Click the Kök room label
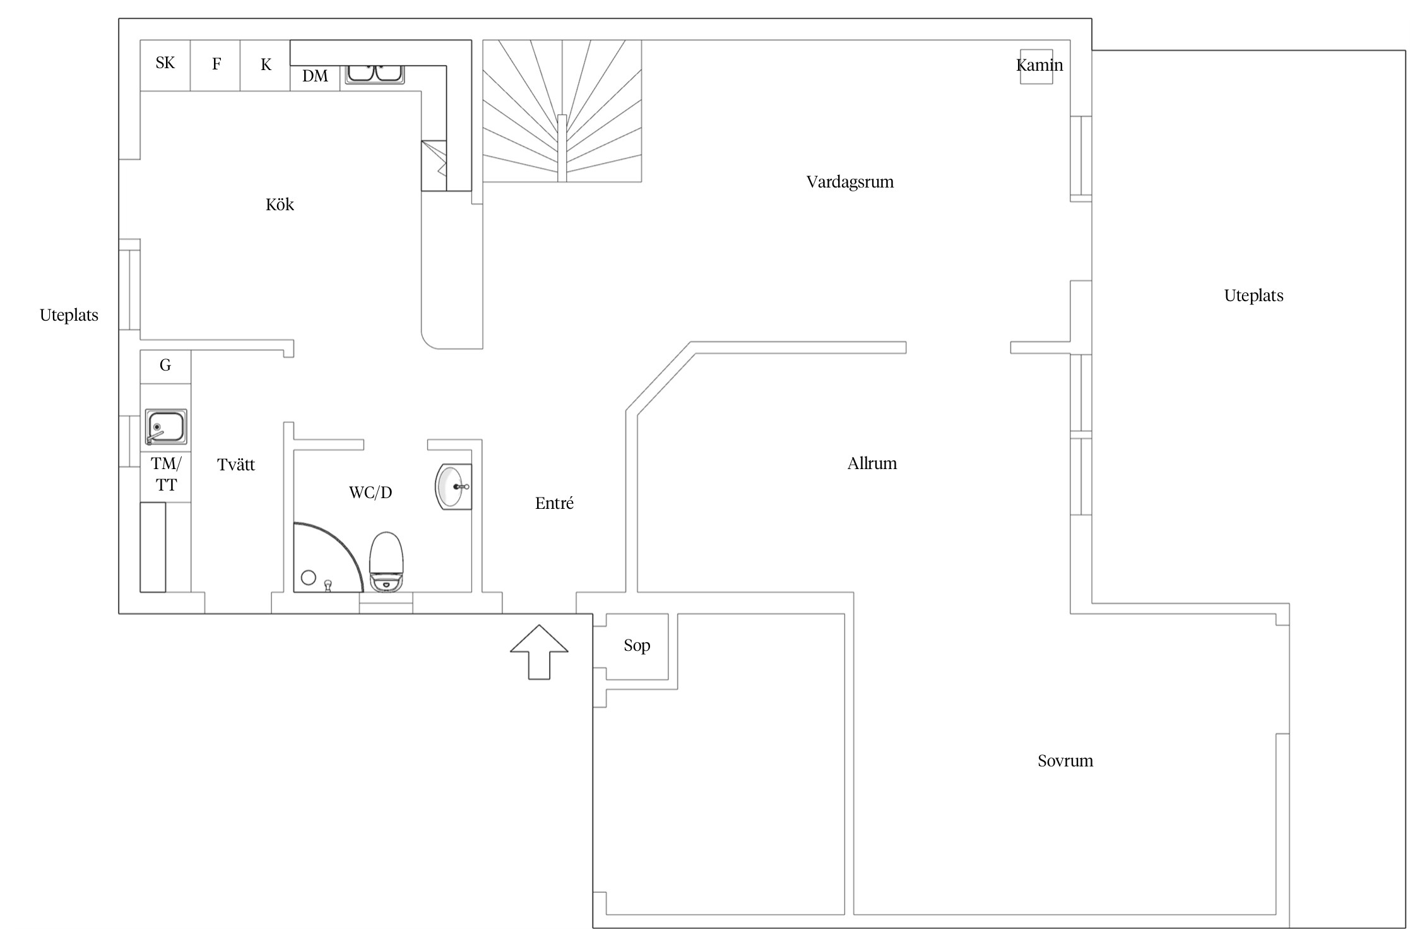click(280, 205)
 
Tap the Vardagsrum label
click(850, 182)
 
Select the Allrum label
click(872, 463)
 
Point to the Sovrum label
click(1065, 761)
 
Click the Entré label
click(554, 503)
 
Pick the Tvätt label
click(236, 465)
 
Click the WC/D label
click(370, 492)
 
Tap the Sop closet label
click(637, 646)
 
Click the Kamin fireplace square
click(1037, 67)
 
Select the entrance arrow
click(539, 652)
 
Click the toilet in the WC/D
click(386, 562)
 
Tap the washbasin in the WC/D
click(453, 487)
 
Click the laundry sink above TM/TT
click(166, 427)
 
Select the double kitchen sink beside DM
click(375, 74)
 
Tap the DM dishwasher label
click(315, 76)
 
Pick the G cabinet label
click(165, 365)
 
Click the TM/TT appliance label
click(166, 474)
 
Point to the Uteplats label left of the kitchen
click(69, 315)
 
